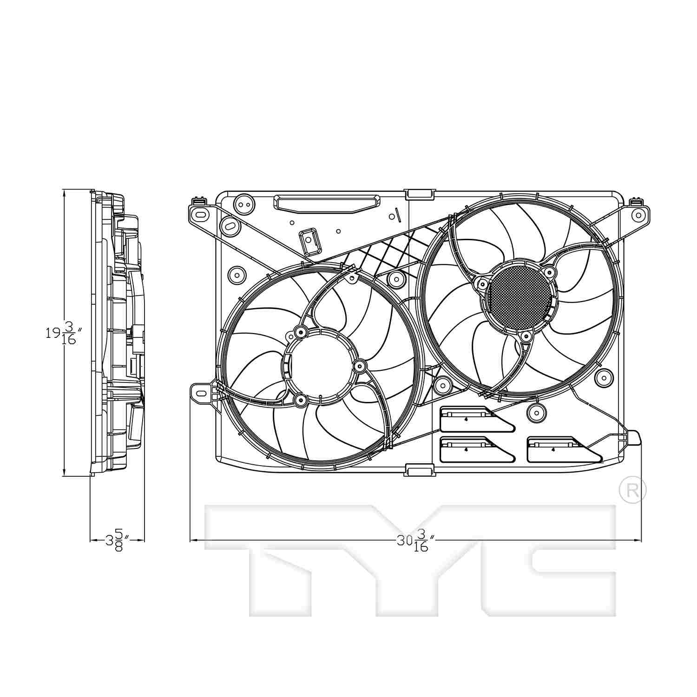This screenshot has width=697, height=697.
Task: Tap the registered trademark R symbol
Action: coord(632,489)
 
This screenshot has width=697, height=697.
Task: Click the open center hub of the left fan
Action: coord(321,365)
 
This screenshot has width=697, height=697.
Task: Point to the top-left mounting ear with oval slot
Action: coord(201,215)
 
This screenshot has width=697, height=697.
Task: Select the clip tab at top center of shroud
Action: coord(420,194)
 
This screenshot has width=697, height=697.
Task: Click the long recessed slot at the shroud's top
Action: coord(327,203)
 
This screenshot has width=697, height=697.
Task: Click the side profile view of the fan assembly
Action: coord(118,332)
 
